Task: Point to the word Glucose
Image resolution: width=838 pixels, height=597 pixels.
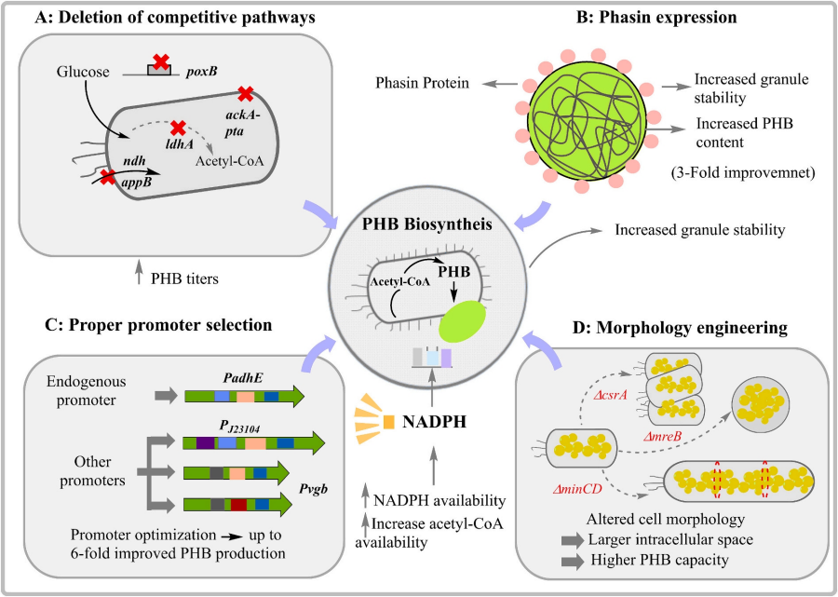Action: [83, 72]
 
